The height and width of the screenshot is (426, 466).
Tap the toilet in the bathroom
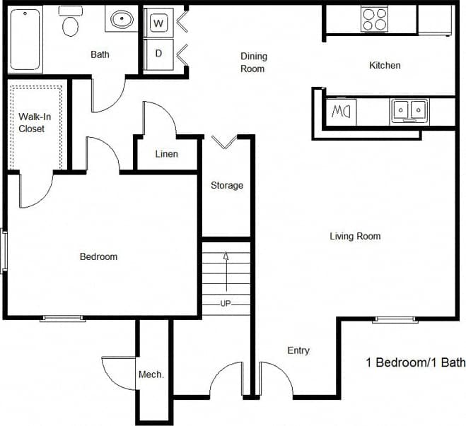[71, 24]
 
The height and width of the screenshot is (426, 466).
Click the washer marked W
[159, 23]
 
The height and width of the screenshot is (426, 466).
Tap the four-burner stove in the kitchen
[374, 18]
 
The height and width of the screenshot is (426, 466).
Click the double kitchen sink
[409, 111]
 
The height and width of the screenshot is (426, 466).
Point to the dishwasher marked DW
[341, 112]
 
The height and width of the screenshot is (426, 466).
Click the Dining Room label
[252, 62]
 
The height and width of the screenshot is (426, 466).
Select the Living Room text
[355, 236]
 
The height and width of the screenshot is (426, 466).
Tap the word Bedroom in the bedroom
[98, 256]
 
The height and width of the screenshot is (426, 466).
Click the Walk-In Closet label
[32, 123]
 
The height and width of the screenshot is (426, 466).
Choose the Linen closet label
[166, 154]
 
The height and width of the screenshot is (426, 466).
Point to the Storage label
[226, 185]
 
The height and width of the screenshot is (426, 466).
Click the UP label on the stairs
[226, 303]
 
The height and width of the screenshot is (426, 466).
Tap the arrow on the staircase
[226, 268]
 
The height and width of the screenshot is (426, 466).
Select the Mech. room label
[151, 374]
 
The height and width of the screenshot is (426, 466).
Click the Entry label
[298, 350]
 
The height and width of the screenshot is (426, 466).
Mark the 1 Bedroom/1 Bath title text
[415, 362]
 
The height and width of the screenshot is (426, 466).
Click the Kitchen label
[385, 65]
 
